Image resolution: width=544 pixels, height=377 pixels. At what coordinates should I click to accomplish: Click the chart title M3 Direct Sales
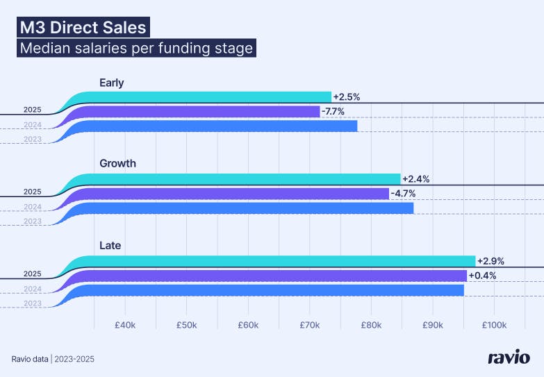pyautogui.click(x=83, y=28)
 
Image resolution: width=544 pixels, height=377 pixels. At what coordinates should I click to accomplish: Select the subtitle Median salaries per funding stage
pyautogui.click(x=136, y=49)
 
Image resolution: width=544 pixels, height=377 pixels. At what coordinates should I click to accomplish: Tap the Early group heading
pyautogui.click(x=111, y=83)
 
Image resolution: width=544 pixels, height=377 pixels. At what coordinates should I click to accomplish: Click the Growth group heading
pyautogui.click(x=117, y=164)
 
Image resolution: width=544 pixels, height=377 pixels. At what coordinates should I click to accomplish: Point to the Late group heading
pyautogui.click(x=110, y=246)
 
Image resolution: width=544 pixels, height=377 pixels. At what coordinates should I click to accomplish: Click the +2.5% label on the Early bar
pyautogui.click(x=347, y=97)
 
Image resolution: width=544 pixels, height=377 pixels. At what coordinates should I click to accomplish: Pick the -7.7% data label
pyautogui.click(x=333, y=111)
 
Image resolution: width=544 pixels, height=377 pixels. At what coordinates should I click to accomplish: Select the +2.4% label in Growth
pyautogui.click(x=415, y=178)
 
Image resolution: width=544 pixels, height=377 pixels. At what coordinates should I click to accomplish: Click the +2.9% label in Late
pyautogui.click(x=491, y=261)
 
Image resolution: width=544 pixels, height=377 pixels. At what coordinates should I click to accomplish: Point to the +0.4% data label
pyautogui.click(x=482, y=276)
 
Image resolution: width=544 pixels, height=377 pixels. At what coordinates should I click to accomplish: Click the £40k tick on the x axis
pyautogui.click(x=125, y=325)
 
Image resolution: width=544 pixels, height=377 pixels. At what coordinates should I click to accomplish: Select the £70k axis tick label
pyautogui.click(x=310, y=325)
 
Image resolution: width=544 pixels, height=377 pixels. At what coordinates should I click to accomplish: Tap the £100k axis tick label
pyautogui.click(x=493, y=325)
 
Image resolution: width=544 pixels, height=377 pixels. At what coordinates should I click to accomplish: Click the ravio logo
pyautogui.click(x=509, y=358)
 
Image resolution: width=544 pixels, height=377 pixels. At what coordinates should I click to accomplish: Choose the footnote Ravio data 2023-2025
pyautogui.click(x=53, y=359)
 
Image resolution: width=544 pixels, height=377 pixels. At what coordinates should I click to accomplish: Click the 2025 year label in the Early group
pyautogui.click(x=32, y=109)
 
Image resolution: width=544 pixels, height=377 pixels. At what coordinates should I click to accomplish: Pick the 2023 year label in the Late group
pyautogui.click(x=32, y=303)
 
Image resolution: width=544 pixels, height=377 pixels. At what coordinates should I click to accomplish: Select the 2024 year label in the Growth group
pyautogui.click(x=32, y=207)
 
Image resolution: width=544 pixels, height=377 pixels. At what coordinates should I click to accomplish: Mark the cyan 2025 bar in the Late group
pyautogui.click(x=278, y=261)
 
